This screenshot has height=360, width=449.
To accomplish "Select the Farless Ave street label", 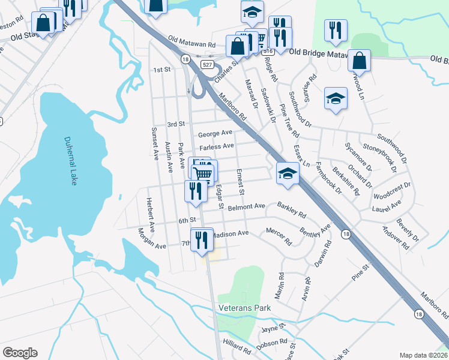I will tap(217, 146).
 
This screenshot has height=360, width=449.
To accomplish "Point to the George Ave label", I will tap(215, 133).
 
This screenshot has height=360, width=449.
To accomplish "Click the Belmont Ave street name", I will tap(246, 206).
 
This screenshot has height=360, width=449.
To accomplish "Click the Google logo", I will tap(20, 353).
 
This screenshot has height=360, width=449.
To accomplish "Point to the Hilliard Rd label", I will tap(237, 349).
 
